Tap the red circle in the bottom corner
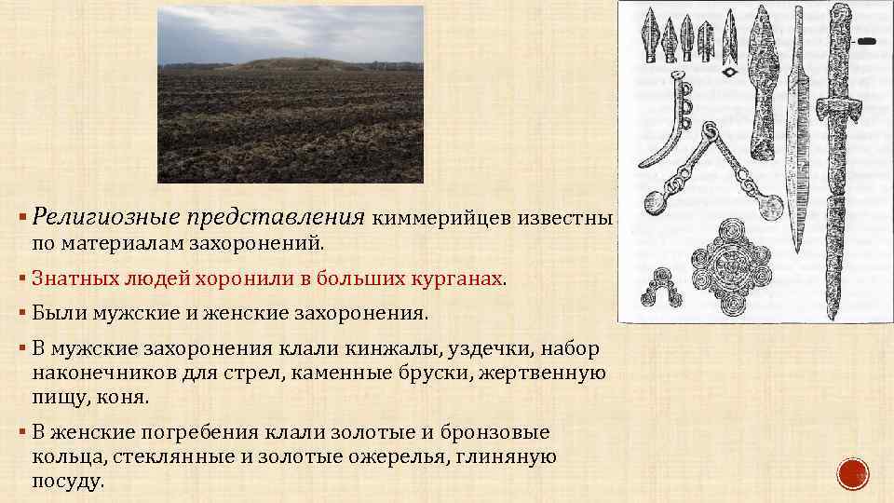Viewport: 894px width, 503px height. tap(853, 475)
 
